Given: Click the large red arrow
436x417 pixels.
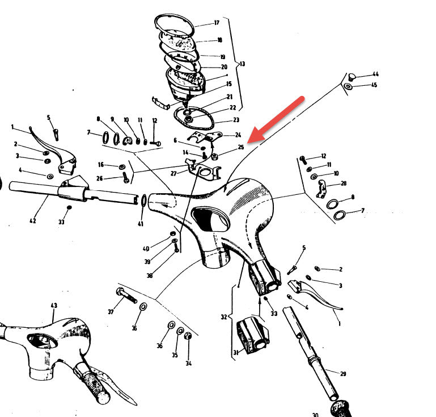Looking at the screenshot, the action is click(276, 119).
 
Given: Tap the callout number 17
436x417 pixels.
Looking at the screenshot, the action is click(217, 23).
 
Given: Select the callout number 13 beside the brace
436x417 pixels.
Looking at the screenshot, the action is click(242, 64).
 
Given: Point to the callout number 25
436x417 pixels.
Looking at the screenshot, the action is click(241, 147).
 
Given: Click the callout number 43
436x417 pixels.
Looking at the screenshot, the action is click(54, 305).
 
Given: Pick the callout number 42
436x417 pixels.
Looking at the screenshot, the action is click(32, 220).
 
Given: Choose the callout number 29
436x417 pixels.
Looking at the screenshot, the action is click(343, 374).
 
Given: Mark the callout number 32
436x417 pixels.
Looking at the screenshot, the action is click(224, 317).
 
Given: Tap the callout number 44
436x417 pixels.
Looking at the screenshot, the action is click(375, 74).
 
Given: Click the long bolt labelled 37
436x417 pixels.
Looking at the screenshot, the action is click(126, 295).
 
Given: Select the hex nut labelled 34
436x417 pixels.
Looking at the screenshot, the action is click(188, 336).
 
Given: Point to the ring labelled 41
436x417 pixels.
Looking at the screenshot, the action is click(144, 201).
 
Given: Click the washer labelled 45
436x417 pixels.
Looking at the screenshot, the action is click(348, 86).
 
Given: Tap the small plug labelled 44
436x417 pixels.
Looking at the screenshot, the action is click(352, 76).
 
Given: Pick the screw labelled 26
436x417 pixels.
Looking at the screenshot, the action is click(126, 177).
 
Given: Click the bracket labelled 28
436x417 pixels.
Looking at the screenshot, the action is click(321, 189).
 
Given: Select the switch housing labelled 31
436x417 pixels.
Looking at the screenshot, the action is click(252, 334).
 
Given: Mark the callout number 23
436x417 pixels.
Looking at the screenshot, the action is click(236, 120).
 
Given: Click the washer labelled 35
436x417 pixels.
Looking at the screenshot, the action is click(180, 331).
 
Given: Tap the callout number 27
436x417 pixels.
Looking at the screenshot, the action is click(173, 173).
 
